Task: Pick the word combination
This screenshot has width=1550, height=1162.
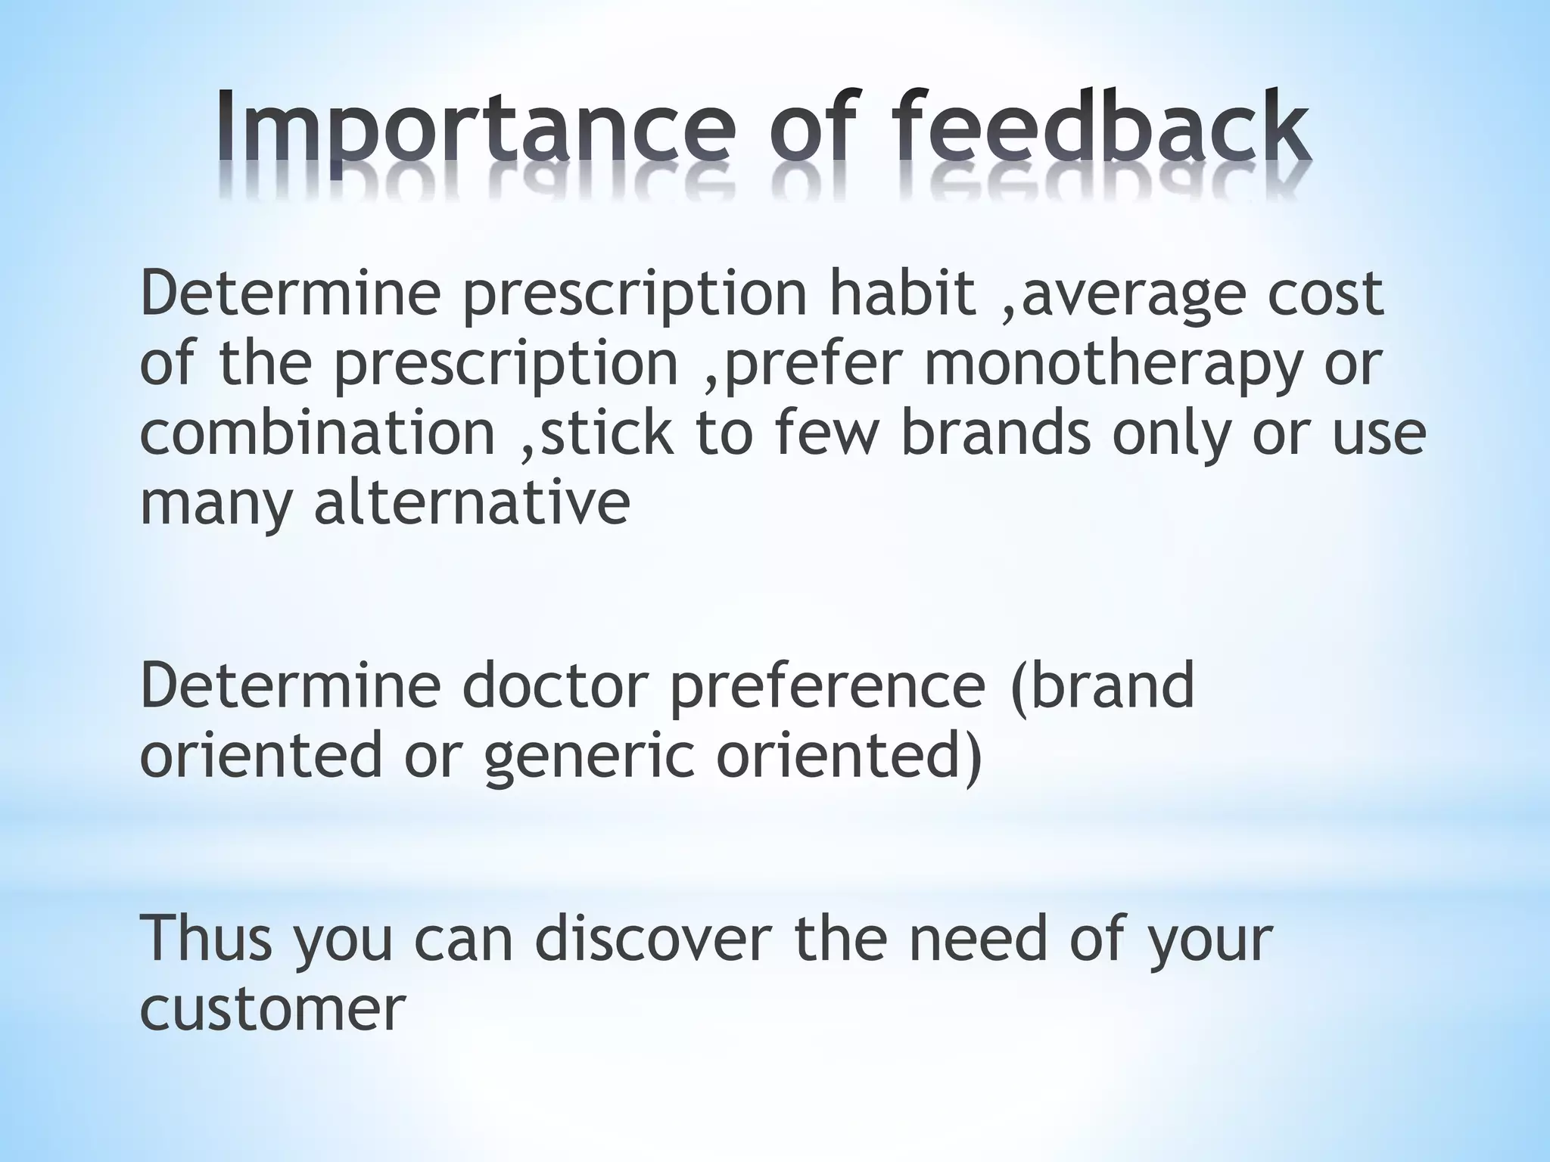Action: coord(317,433)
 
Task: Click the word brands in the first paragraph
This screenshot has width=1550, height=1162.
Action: coord(996,433)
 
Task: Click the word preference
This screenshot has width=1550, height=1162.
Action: coord(827,685)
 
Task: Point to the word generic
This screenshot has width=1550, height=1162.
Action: coord(589,757)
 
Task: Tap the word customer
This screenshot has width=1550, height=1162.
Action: coord(272,1009)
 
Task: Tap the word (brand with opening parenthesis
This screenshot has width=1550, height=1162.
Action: coord(1103,685)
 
